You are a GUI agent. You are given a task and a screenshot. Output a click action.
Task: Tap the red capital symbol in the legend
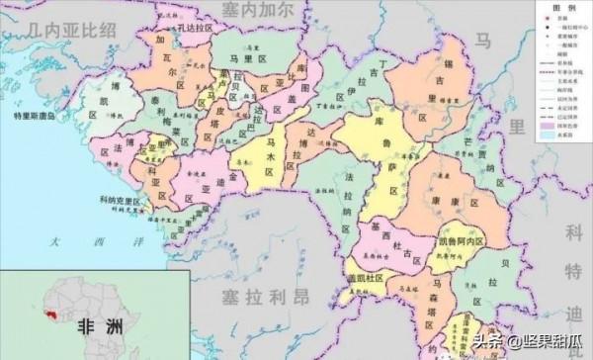[x=543, y=20]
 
